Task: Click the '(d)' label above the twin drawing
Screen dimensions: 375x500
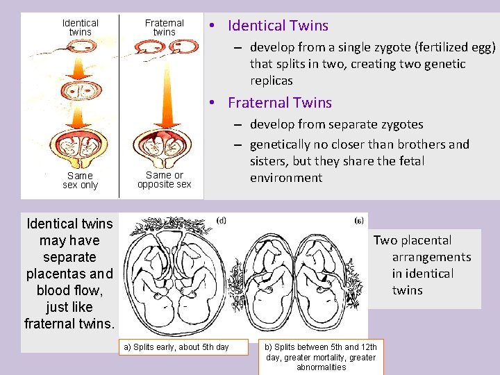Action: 220,221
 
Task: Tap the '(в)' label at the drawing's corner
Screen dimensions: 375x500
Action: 358,221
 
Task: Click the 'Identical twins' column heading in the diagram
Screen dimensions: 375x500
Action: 81,27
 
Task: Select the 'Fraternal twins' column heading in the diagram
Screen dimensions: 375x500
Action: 165,27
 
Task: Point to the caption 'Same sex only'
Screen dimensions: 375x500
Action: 81,181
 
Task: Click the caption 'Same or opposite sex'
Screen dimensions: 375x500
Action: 165,180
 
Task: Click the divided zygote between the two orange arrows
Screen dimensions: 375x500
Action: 81,91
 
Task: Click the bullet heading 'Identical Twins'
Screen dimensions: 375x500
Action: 278,26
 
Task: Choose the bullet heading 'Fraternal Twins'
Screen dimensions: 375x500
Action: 280,103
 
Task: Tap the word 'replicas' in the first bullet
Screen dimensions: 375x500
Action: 272,81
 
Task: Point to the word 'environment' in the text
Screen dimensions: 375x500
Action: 286,178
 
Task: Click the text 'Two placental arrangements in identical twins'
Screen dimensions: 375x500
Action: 422,265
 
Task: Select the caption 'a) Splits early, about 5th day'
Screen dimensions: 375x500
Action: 176,347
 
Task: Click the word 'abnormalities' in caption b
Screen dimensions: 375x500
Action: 321,367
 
